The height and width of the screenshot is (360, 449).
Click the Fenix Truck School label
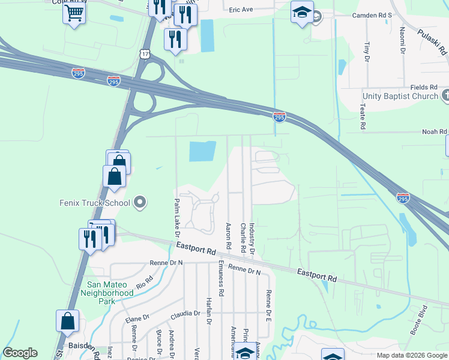click(x=95, y=203)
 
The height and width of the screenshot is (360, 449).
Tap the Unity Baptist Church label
click(x=400, y=96)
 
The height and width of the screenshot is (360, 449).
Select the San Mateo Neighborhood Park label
click(x=110, y=293)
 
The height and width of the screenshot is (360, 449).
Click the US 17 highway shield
click(x=146, y=55)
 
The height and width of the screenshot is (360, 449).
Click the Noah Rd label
click(x=435, y=131)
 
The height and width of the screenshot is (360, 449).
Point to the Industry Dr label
click(x=253, y=237)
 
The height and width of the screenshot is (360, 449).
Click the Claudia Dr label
click(x=185, y=314)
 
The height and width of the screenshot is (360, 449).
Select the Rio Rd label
click(x=145, y=282)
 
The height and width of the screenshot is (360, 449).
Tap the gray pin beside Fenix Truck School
click(x=140, y=203)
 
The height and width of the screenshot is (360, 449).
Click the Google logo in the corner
click(x=20, y=353)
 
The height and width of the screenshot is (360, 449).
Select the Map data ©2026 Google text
click(x=412, y=355)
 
